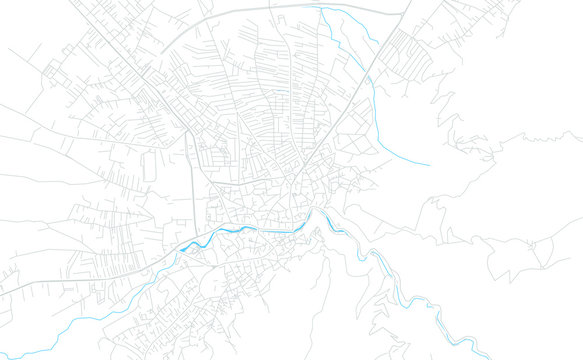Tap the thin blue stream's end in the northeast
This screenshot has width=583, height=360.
point(430,164)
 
